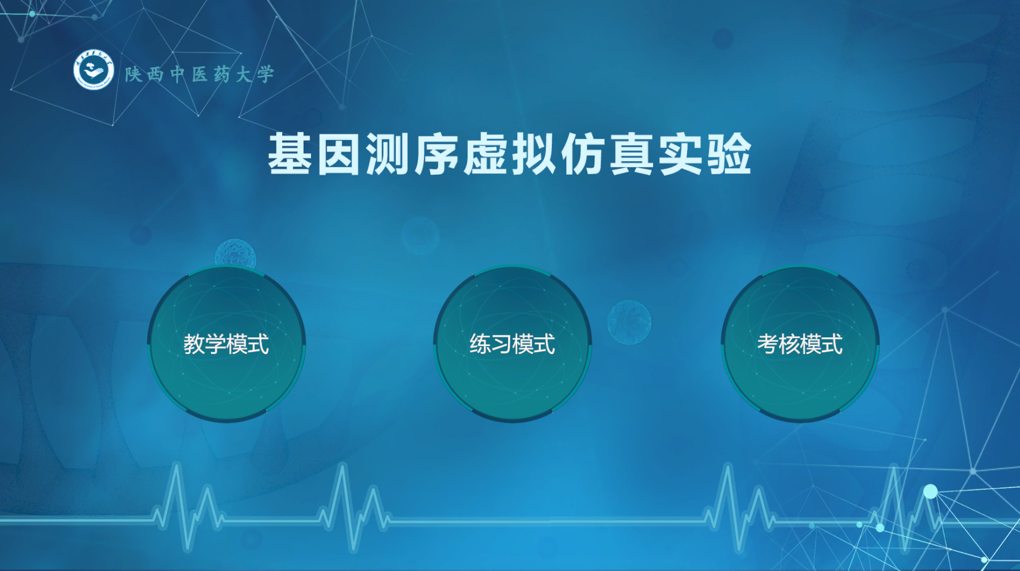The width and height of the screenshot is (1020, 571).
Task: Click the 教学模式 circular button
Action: [226, 344]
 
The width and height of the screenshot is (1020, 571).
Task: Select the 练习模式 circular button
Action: [513, 344]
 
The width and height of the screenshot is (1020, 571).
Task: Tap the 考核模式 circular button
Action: [800, 344]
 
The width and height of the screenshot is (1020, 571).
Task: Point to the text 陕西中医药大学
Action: [199, 74]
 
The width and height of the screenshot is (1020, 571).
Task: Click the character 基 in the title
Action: [290, 154]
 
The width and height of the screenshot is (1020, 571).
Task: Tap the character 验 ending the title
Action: [730, 154]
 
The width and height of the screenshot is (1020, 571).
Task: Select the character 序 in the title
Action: [437, 154]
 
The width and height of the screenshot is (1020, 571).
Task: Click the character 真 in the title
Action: [632, 154]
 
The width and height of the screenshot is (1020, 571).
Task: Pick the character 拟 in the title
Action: [534, 154]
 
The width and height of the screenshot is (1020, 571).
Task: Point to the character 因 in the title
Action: [339, 154]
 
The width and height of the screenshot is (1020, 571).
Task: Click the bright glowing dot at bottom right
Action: [930, 492]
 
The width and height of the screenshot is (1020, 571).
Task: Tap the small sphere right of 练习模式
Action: [629, 322]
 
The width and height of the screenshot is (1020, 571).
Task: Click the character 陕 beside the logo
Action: [134, 74]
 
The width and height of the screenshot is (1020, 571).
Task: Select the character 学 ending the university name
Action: [266, 74]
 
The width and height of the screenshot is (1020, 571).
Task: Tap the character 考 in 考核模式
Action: [768, 344]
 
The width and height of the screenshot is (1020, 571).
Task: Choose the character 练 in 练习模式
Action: [480, 344]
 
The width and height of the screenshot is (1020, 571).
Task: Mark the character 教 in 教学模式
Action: [194, 344]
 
